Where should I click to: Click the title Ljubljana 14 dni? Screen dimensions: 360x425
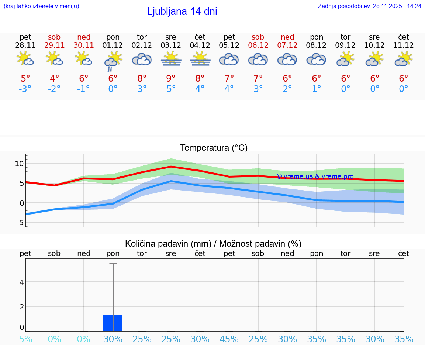(x=182, y=11)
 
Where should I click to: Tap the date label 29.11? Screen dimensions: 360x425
(x=54, y=45)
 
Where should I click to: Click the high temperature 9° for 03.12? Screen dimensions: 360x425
(x=171, y=78)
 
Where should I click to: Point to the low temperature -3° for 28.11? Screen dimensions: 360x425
(x=25, y=89)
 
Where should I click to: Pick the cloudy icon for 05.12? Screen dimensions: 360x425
(x=229, y=59)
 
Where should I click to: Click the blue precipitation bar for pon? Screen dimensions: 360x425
(x=113, y=323)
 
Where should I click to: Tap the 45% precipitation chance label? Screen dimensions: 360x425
(x=229, y=339)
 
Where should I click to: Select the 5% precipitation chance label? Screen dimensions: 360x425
(x=25, y=339)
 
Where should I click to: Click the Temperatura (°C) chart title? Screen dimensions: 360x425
(x=214, y=148)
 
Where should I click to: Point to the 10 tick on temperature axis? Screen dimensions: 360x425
(x=20, y=164)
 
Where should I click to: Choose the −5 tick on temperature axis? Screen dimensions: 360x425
(x=18, y=223)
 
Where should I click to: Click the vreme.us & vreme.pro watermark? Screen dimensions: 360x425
(x=315, y=176)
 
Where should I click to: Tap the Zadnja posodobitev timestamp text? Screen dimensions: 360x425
(x=369, y=6)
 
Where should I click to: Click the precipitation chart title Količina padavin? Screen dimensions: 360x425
(x=213, y=244)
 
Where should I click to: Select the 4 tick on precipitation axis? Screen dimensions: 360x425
(x=22, y=282)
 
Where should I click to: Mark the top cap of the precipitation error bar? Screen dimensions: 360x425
(x=113, y=264)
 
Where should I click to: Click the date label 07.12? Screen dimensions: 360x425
(x=287, y=45)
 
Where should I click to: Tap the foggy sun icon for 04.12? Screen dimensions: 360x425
(x=200, y=59)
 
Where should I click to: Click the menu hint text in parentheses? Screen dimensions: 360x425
(x=41, y=6)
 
